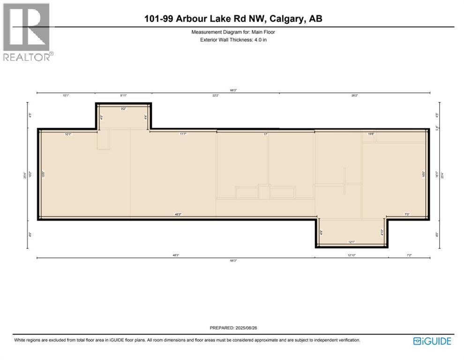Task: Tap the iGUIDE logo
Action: [x=432, y=341]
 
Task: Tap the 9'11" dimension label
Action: [x=123, y=96]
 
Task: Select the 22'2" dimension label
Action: [x=216, y=96]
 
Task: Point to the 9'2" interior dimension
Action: [x=124, y=109]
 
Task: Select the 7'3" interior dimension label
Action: [x=407, y=215]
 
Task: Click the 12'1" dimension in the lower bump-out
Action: [x=351, y=242]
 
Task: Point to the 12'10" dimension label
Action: [x=351, y=255]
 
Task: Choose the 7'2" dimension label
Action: [x=409, y=255]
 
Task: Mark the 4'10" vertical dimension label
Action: [x=382, y=232]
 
